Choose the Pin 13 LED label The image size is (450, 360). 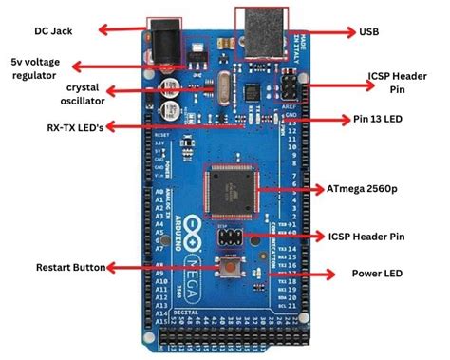tap(387, 120)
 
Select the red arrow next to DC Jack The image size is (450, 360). tap(123, 30)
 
